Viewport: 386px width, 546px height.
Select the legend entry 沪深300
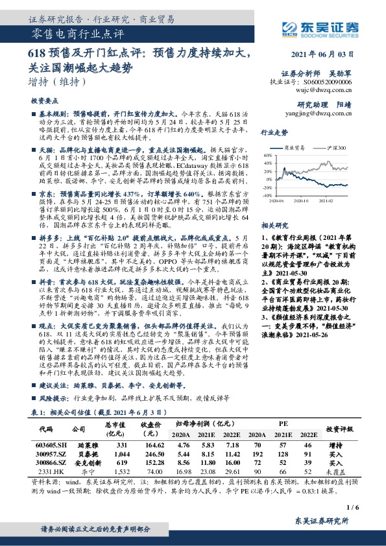click(x=336, y=148)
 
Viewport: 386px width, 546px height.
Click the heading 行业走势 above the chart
click(x=274, y=132)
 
